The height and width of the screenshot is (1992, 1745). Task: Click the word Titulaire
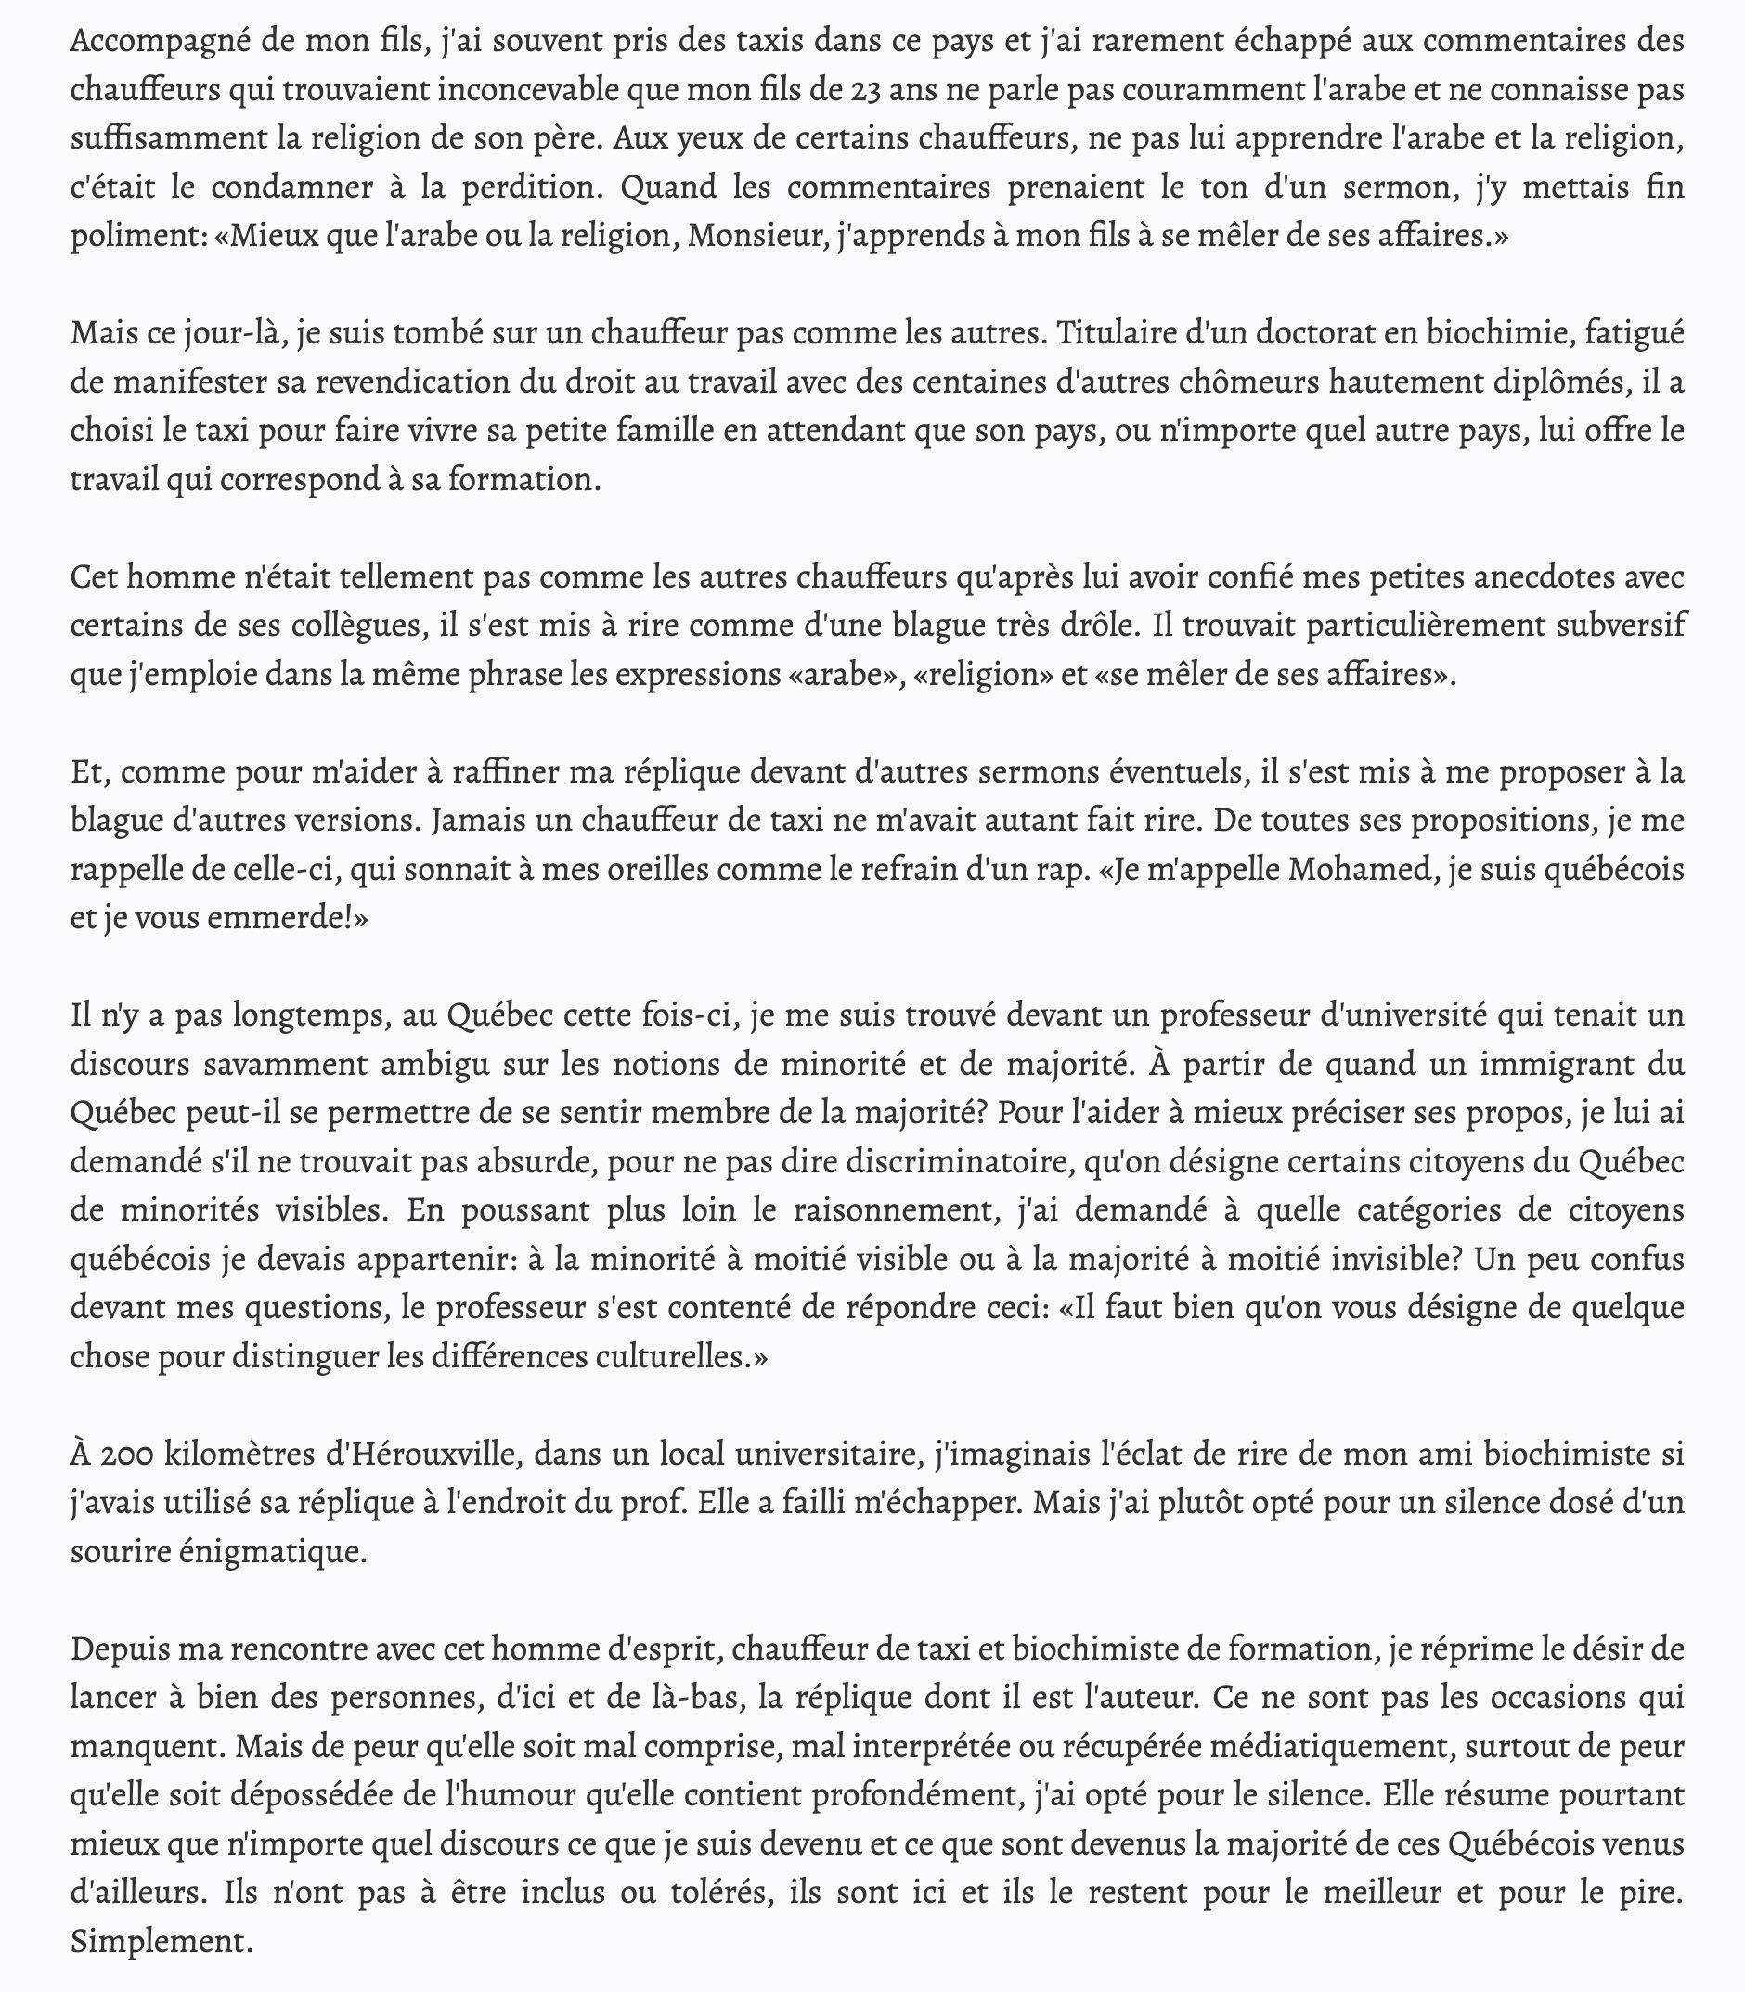[x=1125, y=333]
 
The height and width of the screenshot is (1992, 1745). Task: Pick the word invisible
[x=1392, y=1259]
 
